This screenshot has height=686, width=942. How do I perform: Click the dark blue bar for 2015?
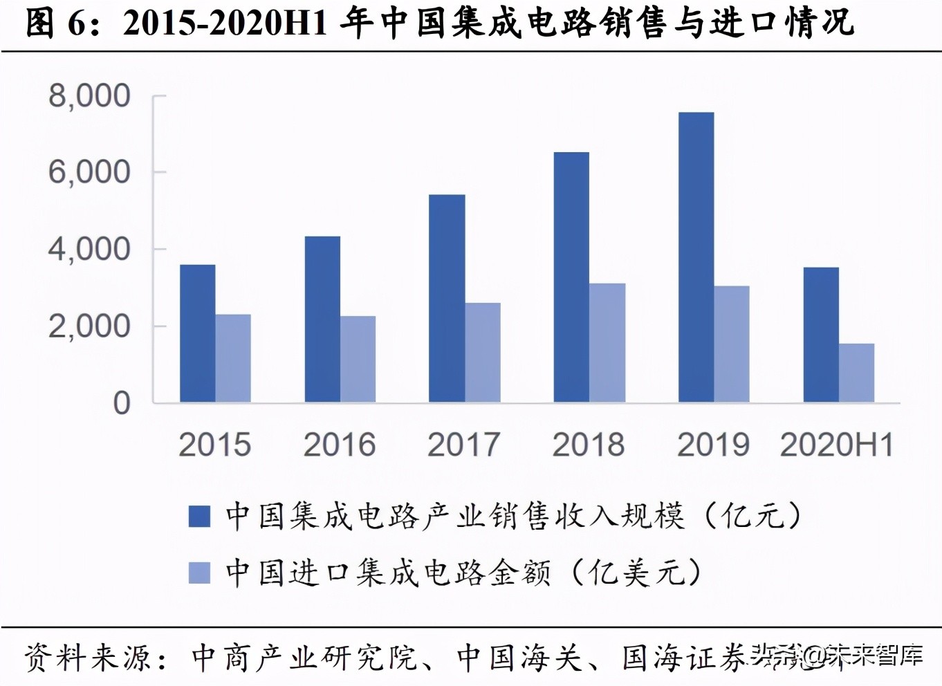pos(197,333)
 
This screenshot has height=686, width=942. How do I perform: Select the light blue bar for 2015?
pos(233,358)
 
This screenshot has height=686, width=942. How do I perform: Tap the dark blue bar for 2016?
pos(322,319)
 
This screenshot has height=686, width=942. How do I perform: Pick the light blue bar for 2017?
pos(483,353)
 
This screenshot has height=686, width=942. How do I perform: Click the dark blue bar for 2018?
pos(571,277)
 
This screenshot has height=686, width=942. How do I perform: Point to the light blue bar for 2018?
pos(607,343)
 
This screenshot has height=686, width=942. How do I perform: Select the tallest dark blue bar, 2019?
pos(696,257)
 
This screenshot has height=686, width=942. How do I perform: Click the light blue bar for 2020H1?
pos(857,373)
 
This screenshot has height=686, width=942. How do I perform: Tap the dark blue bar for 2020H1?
pos(821,335)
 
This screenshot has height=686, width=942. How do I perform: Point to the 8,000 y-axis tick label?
pos(89,95)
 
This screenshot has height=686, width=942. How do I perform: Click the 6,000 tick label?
pos(89,172)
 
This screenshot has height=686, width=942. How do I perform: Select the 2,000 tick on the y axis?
pos(89,326)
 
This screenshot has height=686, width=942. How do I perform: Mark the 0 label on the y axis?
pos(122,402)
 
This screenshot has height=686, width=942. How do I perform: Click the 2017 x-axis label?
pos(463,445)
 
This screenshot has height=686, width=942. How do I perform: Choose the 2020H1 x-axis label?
pos(837,445)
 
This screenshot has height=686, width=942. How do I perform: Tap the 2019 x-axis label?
pos(713,445)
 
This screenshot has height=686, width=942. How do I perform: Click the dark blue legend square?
pos(199,517)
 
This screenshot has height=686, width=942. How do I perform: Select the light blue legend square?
pos(199,573)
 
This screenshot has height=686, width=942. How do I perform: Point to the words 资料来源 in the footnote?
pos(88,657)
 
